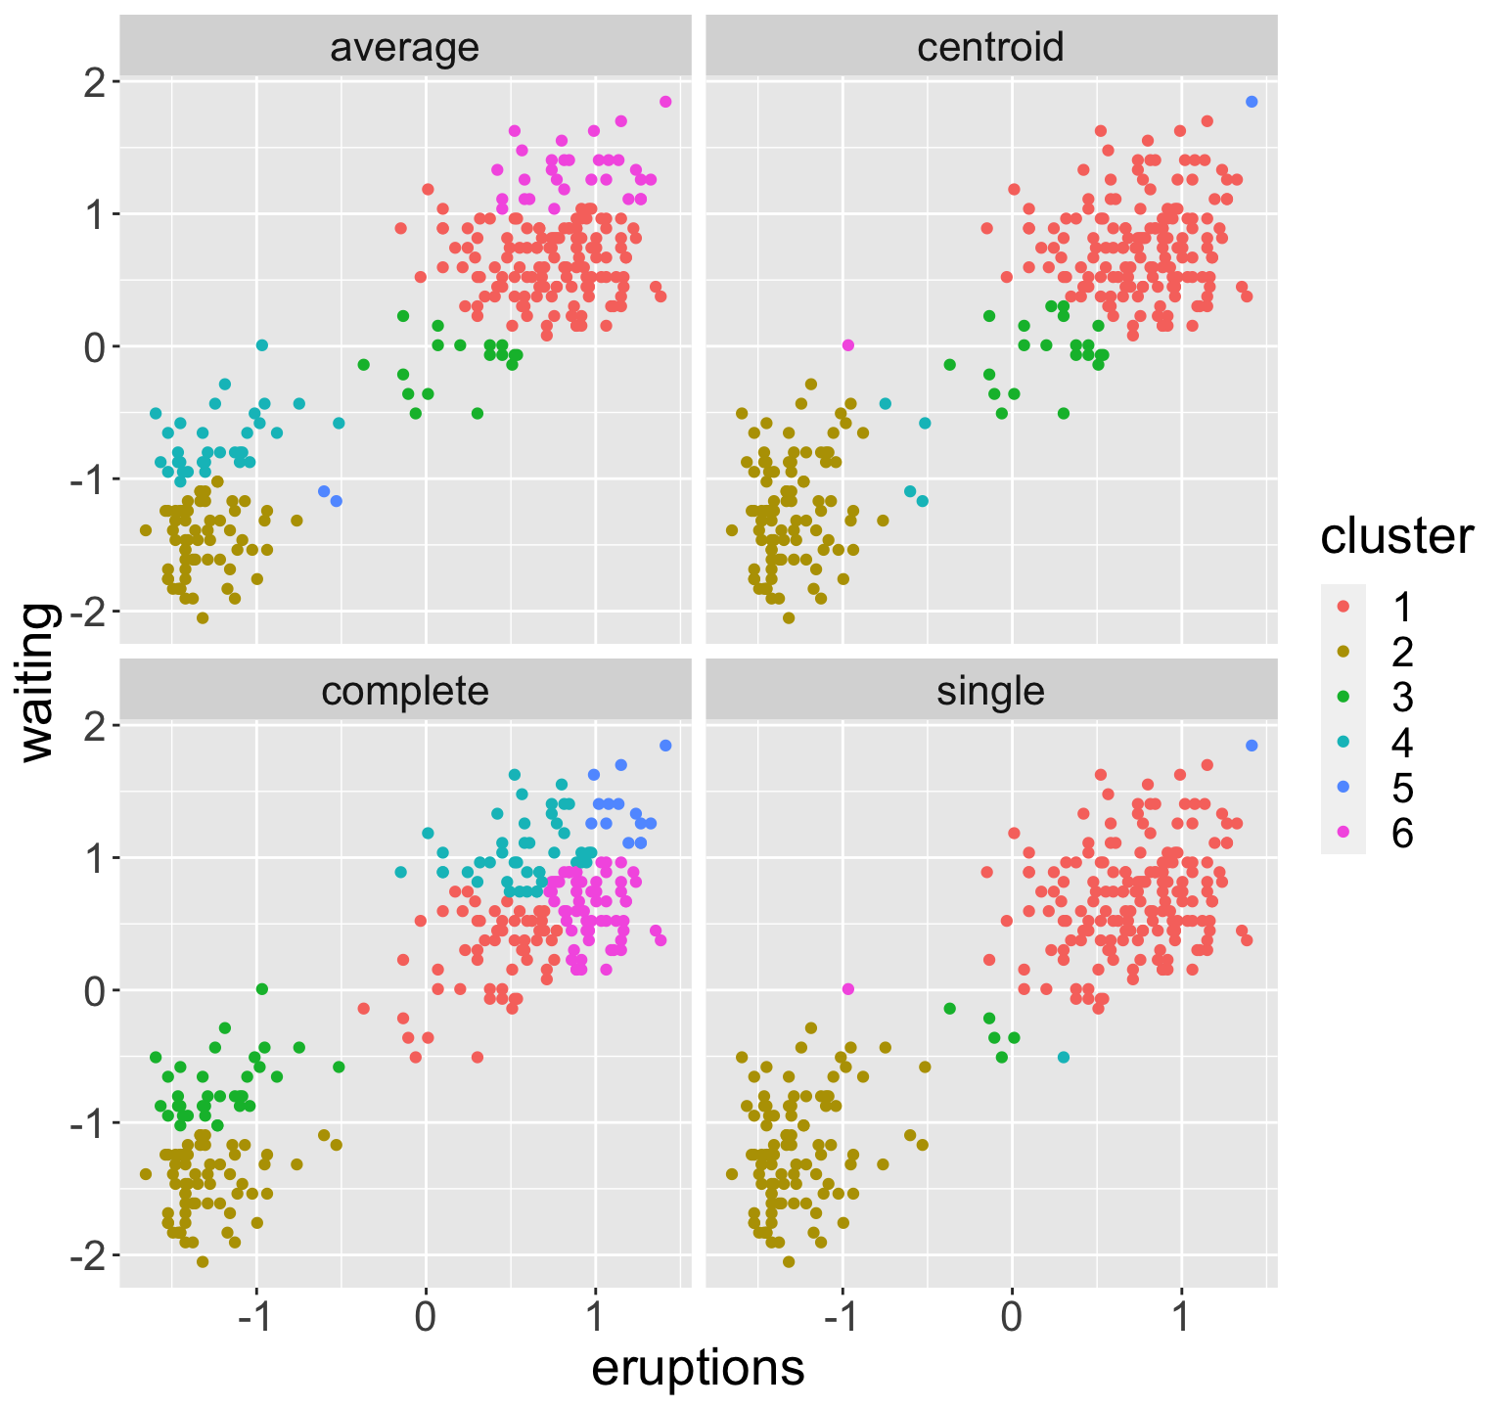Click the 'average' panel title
click(x=405, y=48)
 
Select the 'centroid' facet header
click(x=990, y=48)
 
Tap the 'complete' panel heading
click(x=405, y=692)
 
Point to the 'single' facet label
click(x=990, y=692)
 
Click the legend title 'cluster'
click(x=1396, y=537)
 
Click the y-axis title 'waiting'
click(x=40, y=681)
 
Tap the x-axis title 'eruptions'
click(x=698, y=1369)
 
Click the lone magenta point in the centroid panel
click(x=848, y=345)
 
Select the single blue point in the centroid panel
click(x=1252, y=102)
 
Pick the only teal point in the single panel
click(x=1064, y=1057)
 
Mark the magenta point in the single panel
click(x=848, y=989)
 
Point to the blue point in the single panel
click(x=1252, y=746)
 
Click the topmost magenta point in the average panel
click(x=665, y=102)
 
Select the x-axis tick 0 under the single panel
click(x=1012, y=1316)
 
